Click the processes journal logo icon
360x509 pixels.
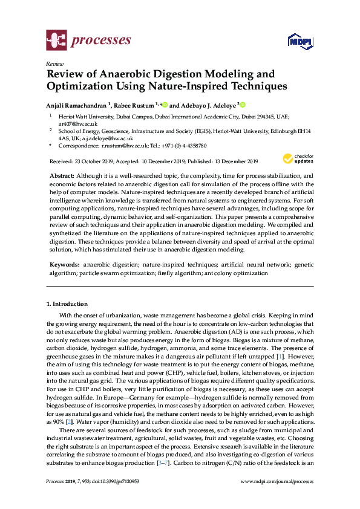click(x=56, y=41)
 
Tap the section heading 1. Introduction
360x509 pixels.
click(x=67, y=304)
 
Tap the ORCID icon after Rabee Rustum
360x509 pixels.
click(x=165, y=103)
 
